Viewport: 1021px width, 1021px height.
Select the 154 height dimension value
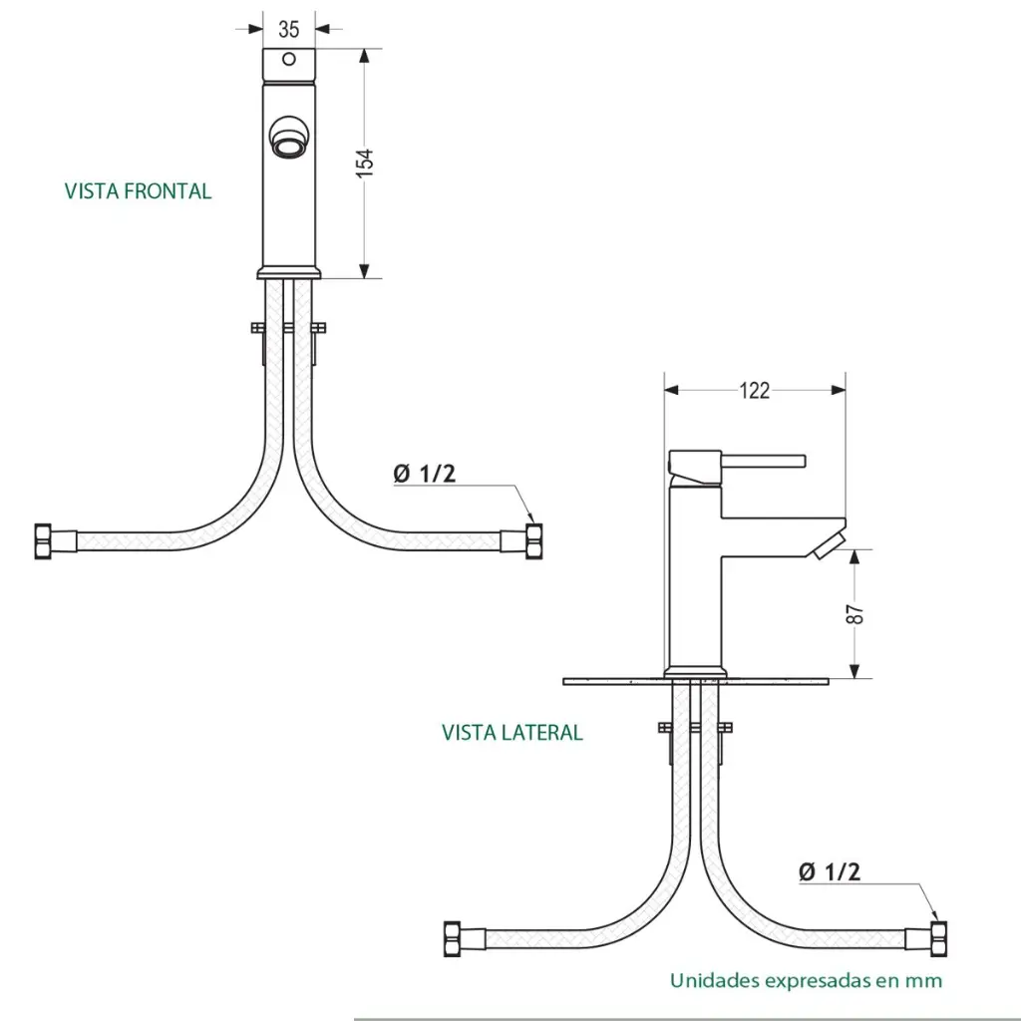[x=365, y=164]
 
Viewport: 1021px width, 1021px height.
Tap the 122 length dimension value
[x=755, y=390]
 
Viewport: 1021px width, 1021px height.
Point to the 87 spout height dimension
[x=854, y=615]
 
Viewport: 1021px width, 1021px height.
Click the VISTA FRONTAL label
[x=139, y=191]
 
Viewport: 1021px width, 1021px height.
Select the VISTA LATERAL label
[x=512, y=733]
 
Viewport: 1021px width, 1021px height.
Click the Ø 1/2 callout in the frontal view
[x=425, y=475]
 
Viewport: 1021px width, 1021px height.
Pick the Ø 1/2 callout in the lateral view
[x=830, y=872]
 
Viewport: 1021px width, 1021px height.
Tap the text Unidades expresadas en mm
[x=806, y=980]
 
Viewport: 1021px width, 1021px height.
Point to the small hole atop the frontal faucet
[x=290, y=59]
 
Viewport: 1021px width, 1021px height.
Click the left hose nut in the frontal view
[x=45, y=541]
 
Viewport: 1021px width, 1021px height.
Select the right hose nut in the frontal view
[x=534, y=541]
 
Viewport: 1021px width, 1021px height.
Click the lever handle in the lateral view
[x=763, y=460]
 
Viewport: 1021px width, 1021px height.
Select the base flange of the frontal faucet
[x=290, y=272]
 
